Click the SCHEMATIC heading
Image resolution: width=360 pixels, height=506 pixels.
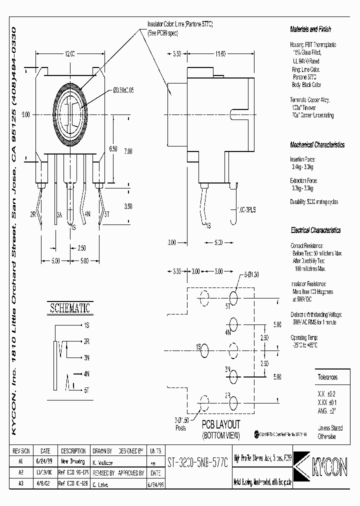(69, 308)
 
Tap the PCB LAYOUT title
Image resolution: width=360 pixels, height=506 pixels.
(220, 425)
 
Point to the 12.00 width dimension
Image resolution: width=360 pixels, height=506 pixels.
(69, 53)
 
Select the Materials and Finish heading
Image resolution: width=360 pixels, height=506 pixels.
(310, 29)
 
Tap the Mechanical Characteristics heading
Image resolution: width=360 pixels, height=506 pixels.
(317, 145)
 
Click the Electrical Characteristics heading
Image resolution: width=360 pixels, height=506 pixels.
(315, 230)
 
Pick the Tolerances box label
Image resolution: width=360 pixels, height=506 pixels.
(327, 377)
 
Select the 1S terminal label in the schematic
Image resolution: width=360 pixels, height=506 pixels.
(86, 325)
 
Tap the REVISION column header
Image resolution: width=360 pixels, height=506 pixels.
(21, 450)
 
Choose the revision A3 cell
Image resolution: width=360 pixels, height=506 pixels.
(21, 483)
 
